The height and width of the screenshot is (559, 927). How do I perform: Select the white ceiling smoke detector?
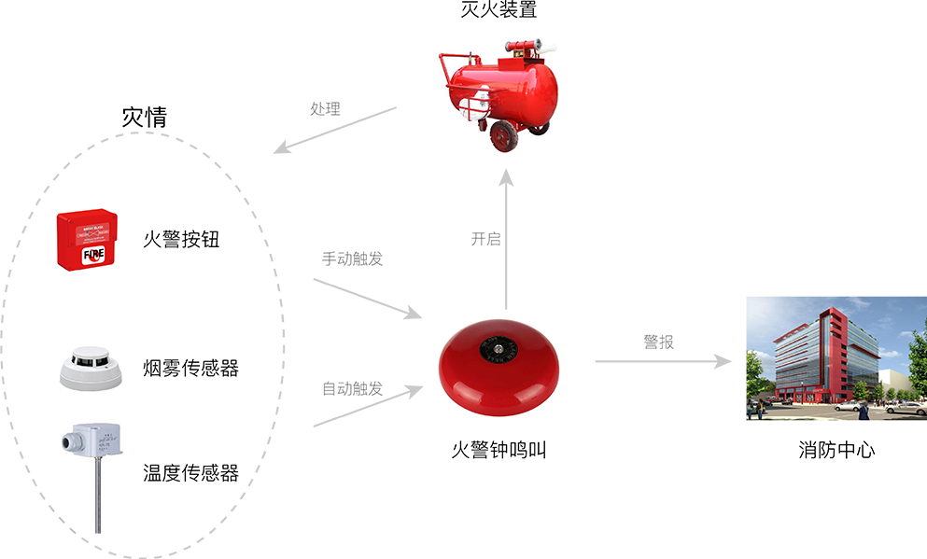(91, 370)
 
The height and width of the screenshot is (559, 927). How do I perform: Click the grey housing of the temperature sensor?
(95, 439)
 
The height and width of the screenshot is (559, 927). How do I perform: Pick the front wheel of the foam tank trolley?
(505, 136)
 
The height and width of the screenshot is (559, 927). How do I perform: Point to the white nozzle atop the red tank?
(553, 45)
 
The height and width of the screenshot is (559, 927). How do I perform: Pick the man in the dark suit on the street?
(864, 410)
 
